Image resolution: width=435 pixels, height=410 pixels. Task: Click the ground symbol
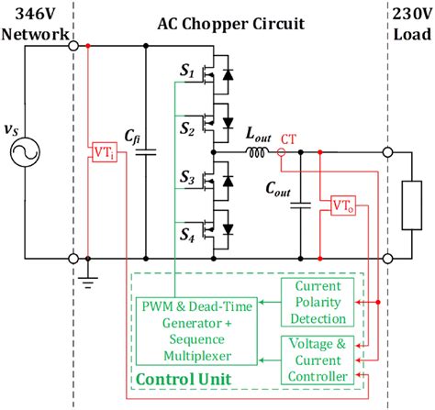tap(87, 281)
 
